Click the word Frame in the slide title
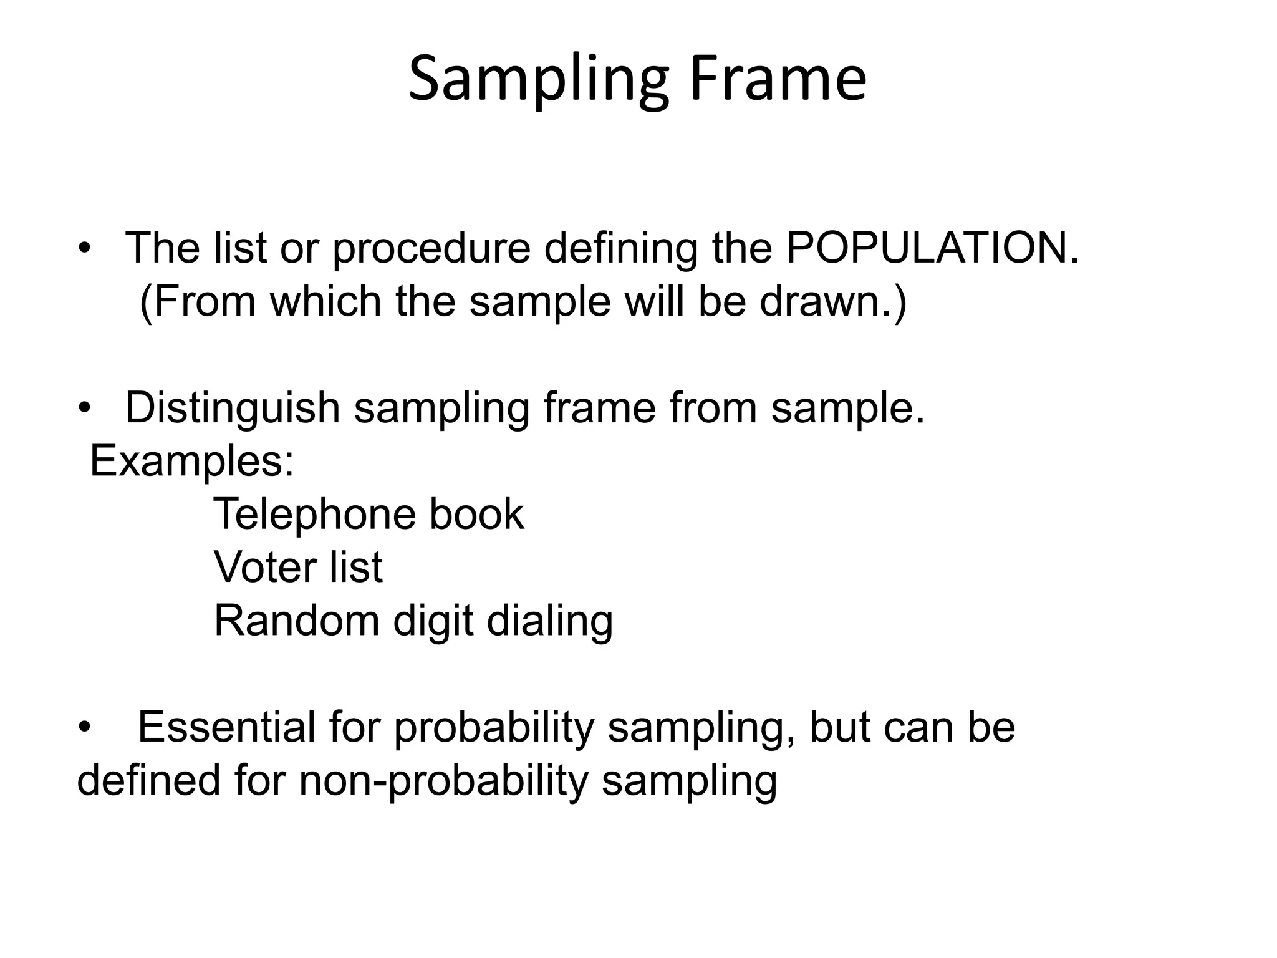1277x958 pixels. point(778,80)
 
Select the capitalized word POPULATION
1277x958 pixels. point(932,248)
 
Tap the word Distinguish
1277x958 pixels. point(232,409)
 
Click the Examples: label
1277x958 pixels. point(191,462)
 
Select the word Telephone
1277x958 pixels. point(313,515)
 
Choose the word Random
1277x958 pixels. point(296,621)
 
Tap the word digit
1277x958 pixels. point(433,621)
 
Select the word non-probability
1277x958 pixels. point(443,781)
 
